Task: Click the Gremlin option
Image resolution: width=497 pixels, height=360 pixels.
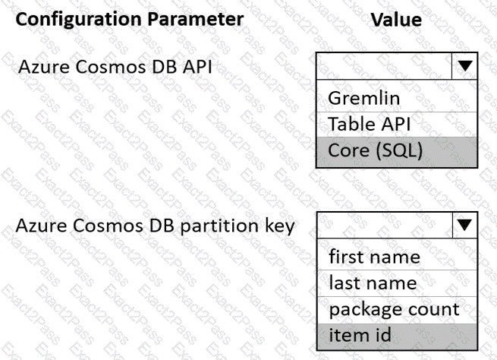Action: (x=364, y=98)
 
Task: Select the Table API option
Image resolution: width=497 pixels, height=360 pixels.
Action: (x=370, y=124)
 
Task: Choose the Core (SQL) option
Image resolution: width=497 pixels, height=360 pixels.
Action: (x=376, y=150)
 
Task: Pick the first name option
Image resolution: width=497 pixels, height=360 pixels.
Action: (x=374, y=256)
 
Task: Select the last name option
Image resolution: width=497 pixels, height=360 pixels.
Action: (x=373, y=283)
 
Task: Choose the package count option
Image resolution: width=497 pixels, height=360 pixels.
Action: (x=394, y=310)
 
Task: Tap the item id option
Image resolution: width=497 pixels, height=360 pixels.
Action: (x=360, y=335)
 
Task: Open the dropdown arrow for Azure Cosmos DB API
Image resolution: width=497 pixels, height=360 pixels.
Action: (x=464, y=65)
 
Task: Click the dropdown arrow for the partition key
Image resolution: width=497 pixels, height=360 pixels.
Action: (x=464, y=225)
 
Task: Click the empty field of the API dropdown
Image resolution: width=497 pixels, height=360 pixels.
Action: (x=384, y=66)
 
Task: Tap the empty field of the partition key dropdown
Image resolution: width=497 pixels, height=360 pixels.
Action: (x=385, y=226)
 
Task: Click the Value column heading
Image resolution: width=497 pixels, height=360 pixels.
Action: (x=396, y=20)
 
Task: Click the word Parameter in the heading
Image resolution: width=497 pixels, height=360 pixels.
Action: (x=196, y=19)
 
